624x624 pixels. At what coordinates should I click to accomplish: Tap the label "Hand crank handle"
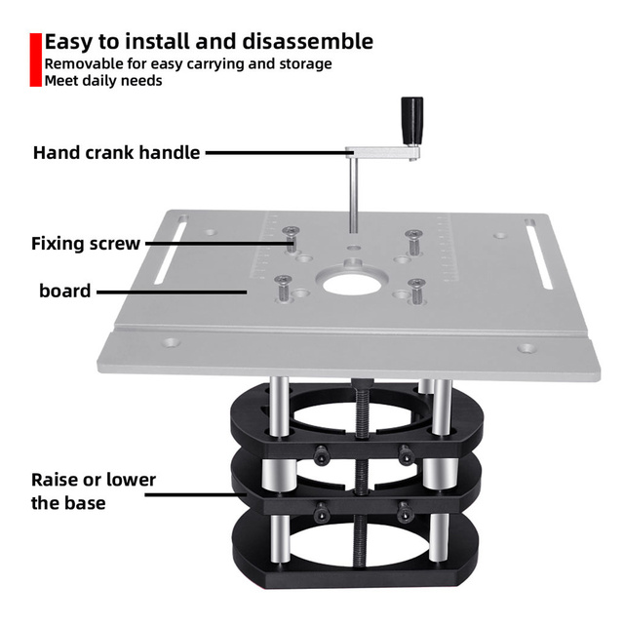(116, 153)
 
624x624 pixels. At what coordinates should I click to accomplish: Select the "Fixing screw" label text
(86, 244)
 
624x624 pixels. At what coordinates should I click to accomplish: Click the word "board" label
(65, 291)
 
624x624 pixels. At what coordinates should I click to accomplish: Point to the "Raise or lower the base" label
(94, 491)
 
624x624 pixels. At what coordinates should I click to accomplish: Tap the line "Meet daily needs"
(103, 81)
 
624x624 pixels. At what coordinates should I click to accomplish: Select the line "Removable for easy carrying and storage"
(188, 63)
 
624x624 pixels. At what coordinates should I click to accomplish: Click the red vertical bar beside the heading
(35, 59)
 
